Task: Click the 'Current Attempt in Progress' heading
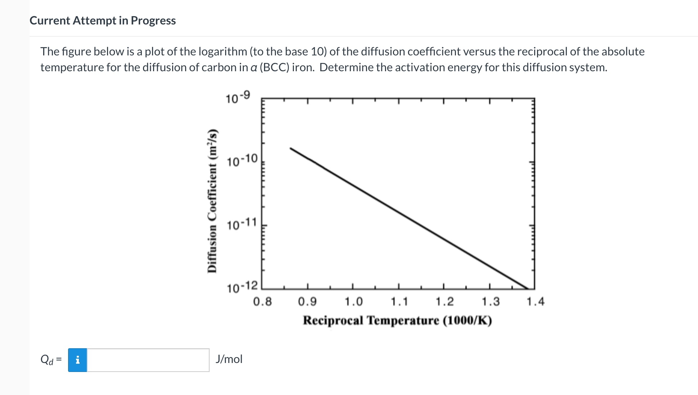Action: point(103,21)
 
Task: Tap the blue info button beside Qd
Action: point(77,360)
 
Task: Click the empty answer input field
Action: point(148,360)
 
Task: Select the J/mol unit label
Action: point(229,359)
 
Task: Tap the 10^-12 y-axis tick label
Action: point(242,287)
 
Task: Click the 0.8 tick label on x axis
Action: point(263,301)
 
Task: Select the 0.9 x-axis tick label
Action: point(308,301)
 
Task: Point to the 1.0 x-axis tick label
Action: point(353,301)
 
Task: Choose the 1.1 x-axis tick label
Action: point(399,301)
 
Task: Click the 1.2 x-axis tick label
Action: point(444,301)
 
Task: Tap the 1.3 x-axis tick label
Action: point(491,301)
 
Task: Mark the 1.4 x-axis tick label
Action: point(536,301)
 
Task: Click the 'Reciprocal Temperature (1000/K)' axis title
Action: point(397,320)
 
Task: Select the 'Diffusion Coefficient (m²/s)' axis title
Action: point(212,201)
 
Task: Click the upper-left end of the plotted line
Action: point(291,148)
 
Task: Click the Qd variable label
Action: point(47,359)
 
